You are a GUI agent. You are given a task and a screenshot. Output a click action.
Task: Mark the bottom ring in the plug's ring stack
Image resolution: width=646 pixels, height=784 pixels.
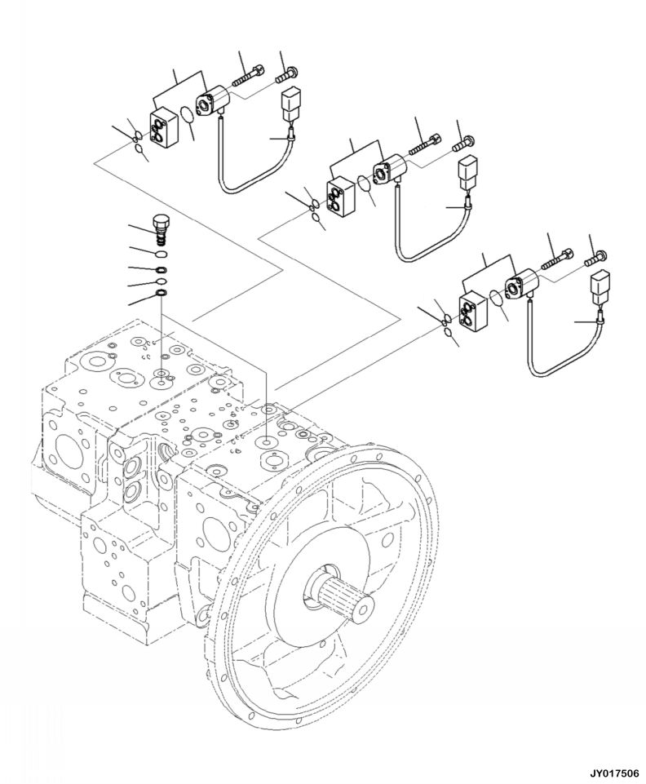(x=161, y=293)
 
